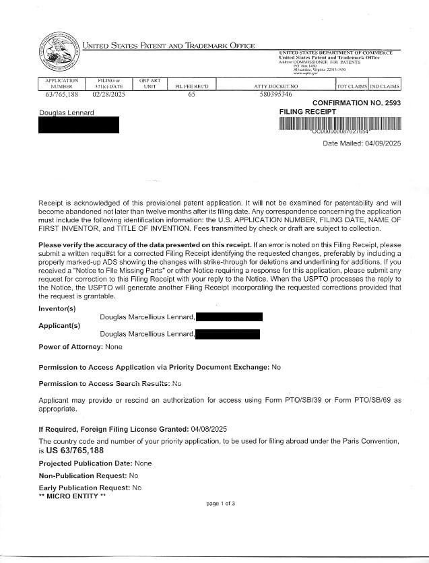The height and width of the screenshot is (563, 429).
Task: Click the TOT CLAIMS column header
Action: point(352,87)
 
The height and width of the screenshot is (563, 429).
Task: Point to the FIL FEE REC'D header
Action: point(192,87)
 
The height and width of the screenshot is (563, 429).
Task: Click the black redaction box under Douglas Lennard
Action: point(79,125)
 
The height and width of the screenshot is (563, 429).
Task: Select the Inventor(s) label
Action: point(57,308)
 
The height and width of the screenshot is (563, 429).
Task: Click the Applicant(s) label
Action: point(59,325)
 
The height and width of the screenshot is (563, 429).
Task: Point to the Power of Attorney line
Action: point(80,347)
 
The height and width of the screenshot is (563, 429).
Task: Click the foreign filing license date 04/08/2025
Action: point(209,429)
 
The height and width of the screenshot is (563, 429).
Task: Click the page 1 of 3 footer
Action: point(220,504)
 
